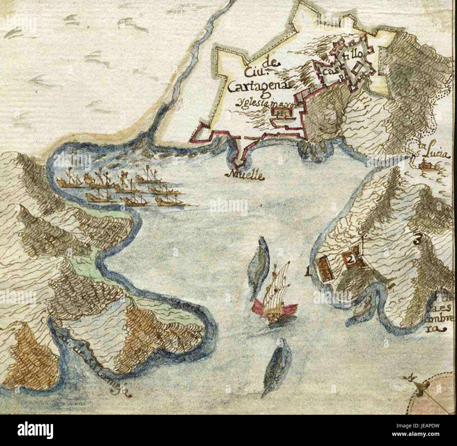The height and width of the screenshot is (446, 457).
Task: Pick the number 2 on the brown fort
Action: point(350,259)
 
